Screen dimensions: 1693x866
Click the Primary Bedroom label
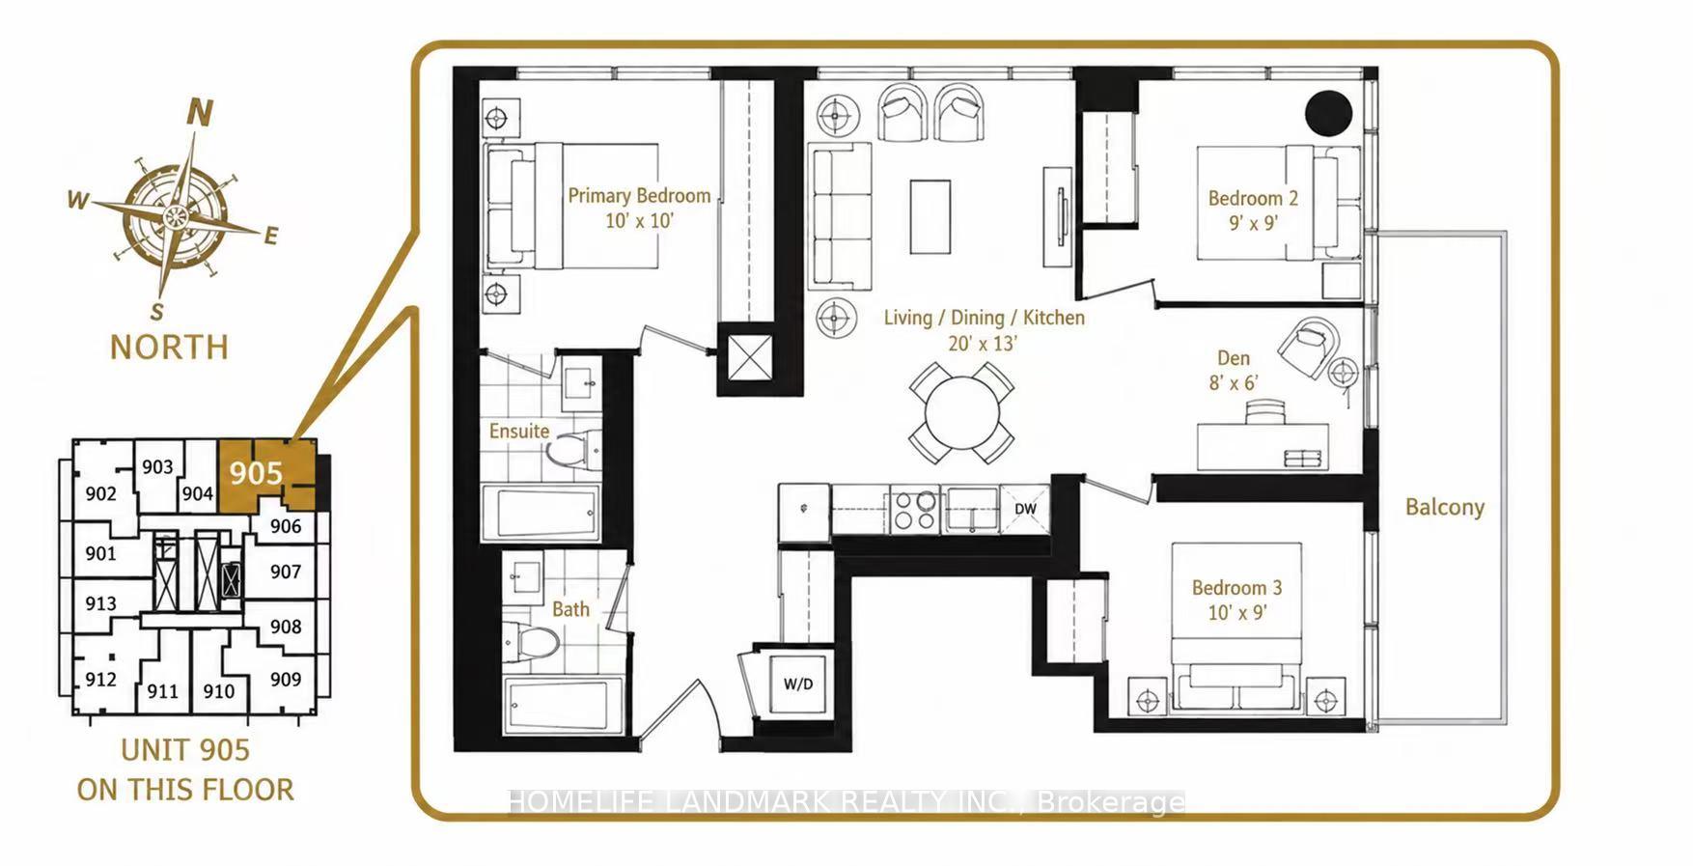[x=639, y=196]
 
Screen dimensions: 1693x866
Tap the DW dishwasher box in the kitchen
[x=1024, y=509]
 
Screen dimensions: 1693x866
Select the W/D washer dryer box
[x=797, y=684]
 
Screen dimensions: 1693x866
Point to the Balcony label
[x=1444, y=508]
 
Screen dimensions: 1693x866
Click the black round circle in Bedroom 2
[x=1329, y=113]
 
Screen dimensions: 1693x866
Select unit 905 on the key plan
[x=256, y=473]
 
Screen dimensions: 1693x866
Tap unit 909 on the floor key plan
[x=286, y=680]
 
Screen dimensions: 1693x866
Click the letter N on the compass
[x=199, y=113]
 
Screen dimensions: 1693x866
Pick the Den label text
[x=1234, y=358]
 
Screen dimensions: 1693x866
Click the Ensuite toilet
[x=571, y=450]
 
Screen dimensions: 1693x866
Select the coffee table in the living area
[x=930, y=217]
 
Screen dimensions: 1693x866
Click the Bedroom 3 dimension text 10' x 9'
[x=1236, y=612]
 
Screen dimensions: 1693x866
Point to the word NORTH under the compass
[x=170, y=347]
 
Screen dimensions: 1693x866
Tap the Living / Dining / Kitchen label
[x=984, y=318]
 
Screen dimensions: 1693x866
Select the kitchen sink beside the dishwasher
[x=971, y=510]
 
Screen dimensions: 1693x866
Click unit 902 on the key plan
[x=100, y=494]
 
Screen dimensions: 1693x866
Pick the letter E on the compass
[x=271, y=236]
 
